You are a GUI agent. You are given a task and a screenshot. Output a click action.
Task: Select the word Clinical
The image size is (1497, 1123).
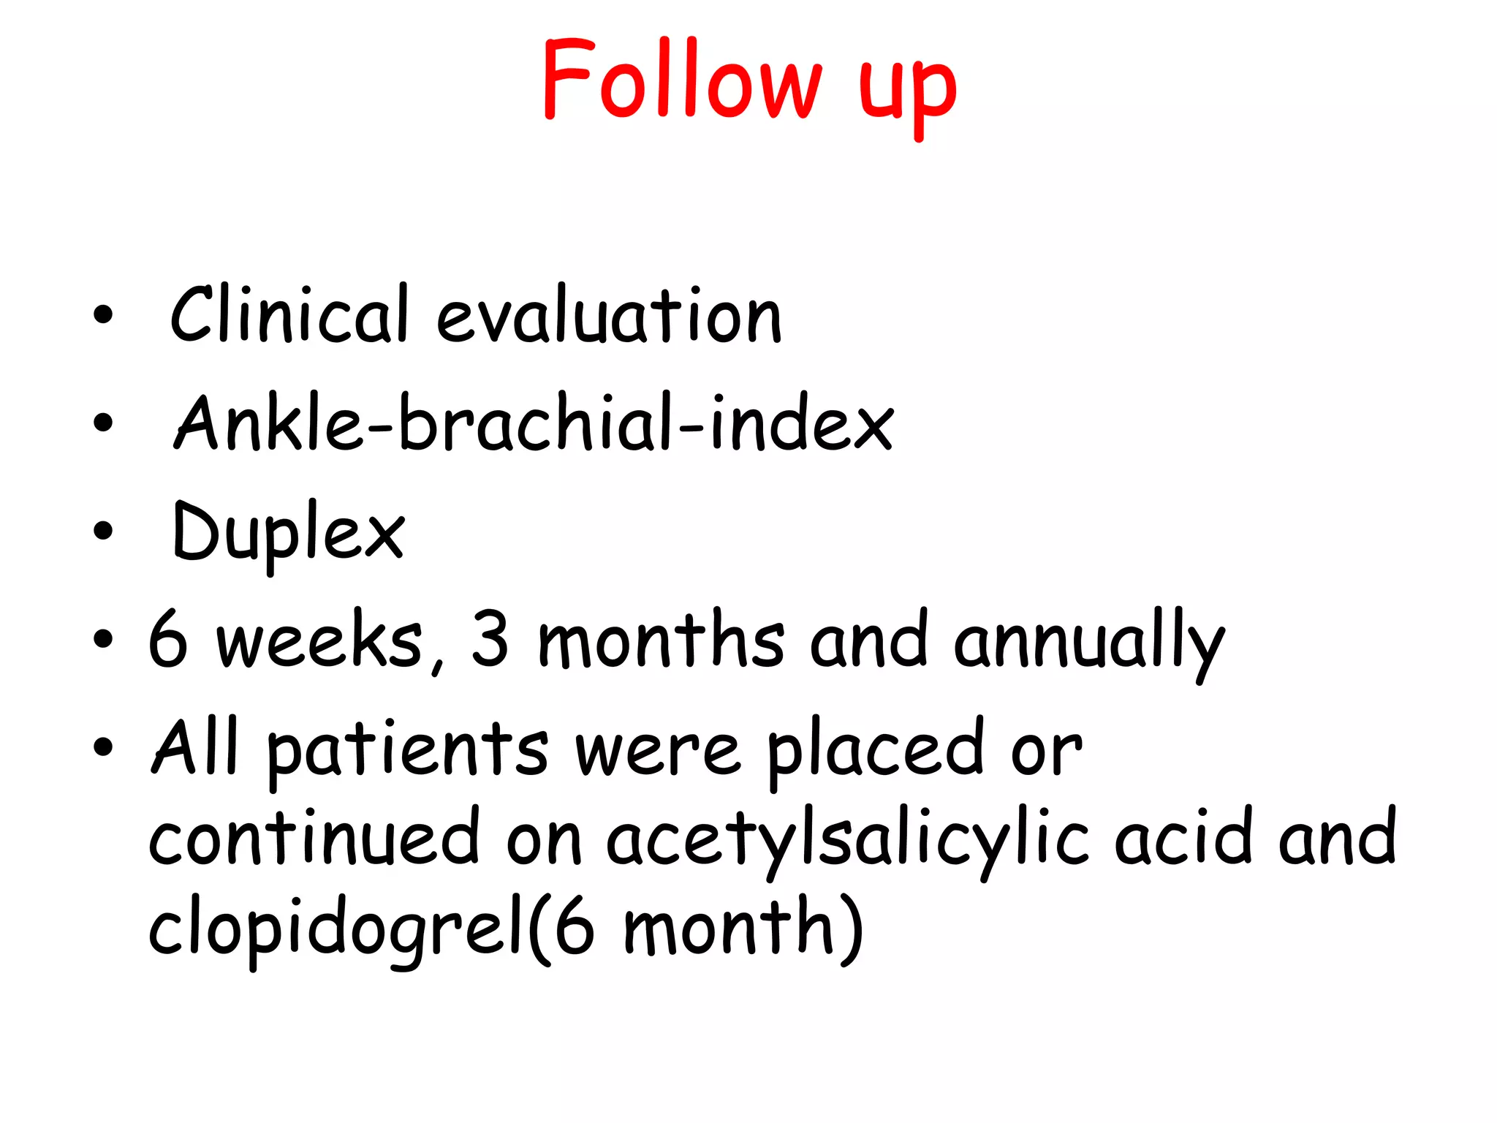click(289, 314)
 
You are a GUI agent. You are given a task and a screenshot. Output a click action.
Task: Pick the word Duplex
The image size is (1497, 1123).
click(288, 532)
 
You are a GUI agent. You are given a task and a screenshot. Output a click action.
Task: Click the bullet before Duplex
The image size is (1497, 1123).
click(104, 530)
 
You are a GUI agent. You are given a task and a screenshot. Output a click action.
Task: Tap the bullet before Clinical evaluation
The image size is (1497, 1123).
click(104, 314)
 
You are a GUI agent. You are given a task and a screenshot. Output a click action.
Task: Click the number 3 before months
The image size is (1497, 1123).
click(490, 638)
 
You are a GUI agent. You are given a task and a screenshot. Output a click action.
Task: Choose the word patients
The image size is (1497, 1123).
click(407, 749)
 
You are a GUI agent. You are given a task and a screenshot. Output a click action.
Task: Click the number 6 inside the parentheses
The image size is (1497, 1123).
click(575, 927)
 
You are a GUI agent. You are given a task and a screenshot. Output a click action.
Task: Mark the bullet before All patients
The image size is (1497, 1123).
click(104, 746)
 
